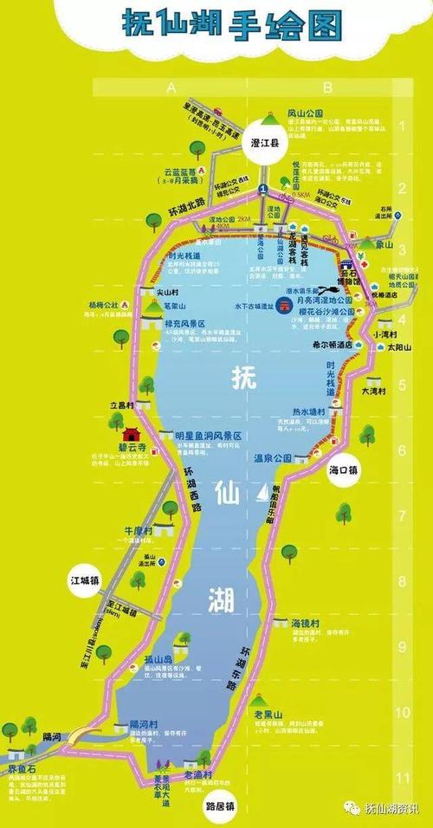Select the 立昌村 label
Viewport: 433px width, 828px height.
coord(121,405)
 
